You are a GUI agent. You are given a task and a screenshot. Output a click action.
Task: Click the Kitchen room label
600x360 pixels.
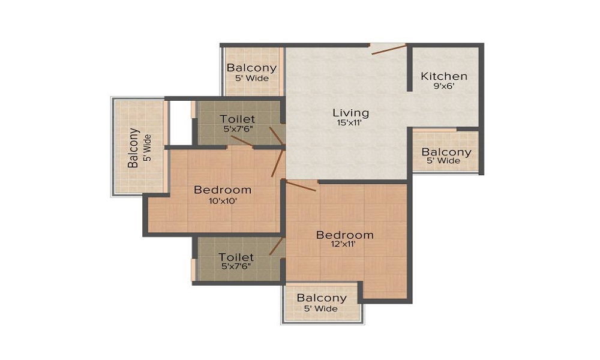(x=444, y=76)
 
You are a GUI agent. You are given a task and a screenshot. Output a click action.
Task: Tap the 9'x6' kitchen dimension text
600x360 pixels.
(x=444, y=86)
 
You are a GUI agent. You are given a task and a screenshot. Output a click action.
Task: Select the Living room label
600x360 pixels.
(x=351, y=112)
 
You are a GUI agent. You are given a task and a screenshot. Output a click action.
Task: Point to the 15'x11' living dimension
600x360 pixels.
(x=351, y=123)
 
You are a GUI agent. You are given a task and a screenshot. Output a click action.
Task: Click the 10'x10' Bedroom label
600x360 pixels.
(x=223, y=190)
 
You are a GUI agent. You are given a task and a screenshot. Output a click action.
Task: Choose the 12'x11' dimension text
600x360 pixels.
(x=344, y=245)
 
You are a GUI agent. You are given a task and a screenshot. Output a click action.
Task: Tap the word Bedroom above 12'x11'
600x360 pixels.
(x=344, y=235)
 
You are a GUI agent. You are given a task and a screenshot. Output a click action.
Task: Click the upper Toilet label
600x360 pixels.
(x=237, y=119)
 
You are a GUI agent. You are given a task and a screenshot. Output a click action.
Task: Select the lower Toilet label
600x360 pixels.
(x=236, y=257)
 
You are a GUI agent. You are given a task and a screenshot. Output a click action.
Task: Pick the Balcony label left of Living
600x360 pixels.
(x=251, y=68)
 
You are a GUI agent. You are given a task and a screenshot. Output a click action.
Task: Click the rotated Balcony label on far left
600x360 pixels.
(x=134, y=148)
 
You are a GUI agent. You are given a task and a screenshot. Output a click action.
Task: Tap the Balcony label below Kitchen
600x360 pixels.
(x=446, y=152)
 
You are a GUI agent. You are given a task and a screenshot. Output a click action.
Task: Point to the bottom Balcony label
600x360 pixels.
(x=322, y=298)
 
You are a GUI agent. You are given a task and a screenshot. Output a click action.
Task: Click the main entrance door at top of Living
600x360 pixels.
(x=388, y=49)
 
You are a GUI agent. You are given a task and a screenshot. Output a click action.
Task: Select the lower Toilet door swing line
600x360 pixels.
(x=276, y=246)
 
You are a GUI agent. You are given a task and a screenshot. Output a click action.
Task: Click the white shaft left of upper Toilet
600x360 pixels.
(x=179, y=122)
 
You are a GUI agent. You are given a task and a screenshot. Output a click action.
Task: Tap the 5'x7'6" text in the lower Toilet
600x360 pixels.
(x=236, y=266)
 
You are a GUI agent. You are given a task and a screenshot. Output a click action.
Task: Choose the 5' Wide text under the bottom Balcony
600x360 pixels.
(x=322, y=309)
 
